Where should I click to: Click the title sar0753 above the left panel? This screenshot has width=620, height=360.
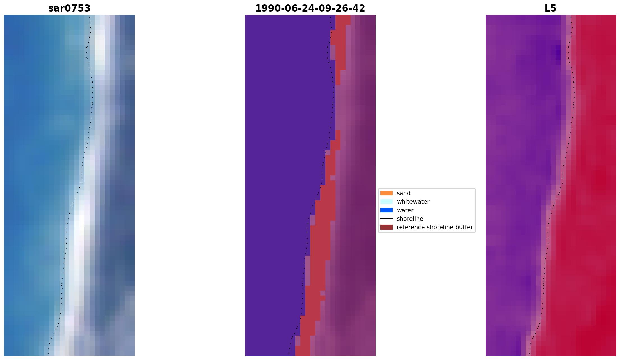point(69,8)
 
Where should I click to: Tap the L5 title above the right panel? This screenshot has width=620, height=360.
point(550,8)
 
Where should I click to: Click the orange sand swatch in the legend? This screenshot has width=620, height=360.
point(386,193)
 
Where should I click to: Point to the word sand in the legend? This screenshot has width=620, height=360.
point(404,193)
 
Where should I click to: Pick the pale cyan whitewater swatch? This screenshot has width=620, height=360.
point(386,201)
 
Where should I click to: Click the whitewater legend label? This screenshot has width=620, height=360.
point(413,202)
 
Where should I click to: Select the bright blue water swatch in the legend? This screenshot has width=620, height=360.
point(386,210)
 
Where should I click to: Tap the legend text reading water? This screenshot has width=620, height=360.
point(405,210)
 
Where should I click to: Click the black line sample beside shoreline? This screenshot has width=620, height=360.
point(386,219)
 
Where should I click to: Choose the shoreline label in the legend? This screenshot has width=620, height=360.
point(410,219)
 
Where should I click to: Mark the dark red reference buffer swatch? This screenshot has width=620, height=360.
point(386,227)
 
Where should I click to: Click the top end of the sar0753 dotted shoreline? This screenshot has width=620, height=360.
point(90,17)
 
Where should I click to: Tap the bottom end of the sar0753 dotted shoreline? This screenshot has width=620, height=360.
point(48,354)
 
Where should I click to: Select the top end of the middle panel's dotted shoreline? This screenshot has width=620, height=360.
point(330,17)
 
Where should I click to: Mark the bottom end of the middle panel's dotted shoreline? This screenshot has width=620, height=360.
point(289,354)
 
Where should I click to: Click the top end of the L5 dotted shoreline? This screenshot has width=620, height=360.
point(571,17)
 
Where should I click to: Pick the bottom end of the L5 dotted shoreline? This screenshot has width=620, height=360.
point(530,354)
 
